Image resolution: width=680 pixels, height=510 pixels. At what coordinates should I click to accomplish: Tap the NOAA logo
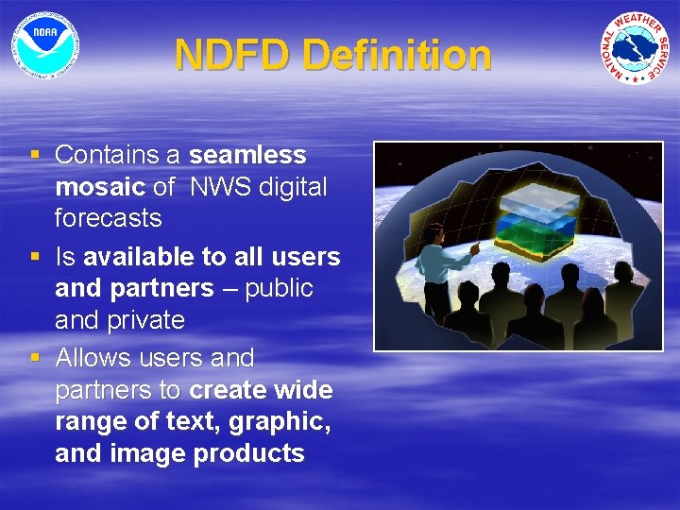(x=44, y=43)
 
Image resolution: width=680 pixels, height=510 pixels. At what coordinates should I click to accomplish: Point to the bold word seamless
(x=247, y=155)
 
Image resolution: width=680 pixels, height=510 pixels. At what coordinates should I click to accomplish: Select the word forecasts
(x=109, y=218)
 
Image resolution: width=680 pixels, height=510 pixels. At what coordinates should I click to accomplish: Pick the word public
(x=279, y=288)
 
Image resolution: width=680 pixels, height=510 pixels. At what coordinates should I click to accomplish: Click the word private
(x=147, y=320)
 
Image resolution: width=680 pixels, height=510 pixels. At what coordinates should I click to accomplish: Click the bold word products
(x=249, y=453)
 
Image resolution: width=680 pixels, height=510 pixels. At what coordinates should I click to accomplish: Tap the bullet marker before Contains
(x=35, y=154)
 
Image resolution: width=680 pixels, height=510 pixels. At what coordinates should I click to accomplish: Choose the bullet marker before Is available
(x=35, y=256)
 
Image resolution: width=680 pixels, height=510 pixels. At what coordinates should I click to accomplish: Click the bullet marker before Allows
(x=35, y=358)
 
